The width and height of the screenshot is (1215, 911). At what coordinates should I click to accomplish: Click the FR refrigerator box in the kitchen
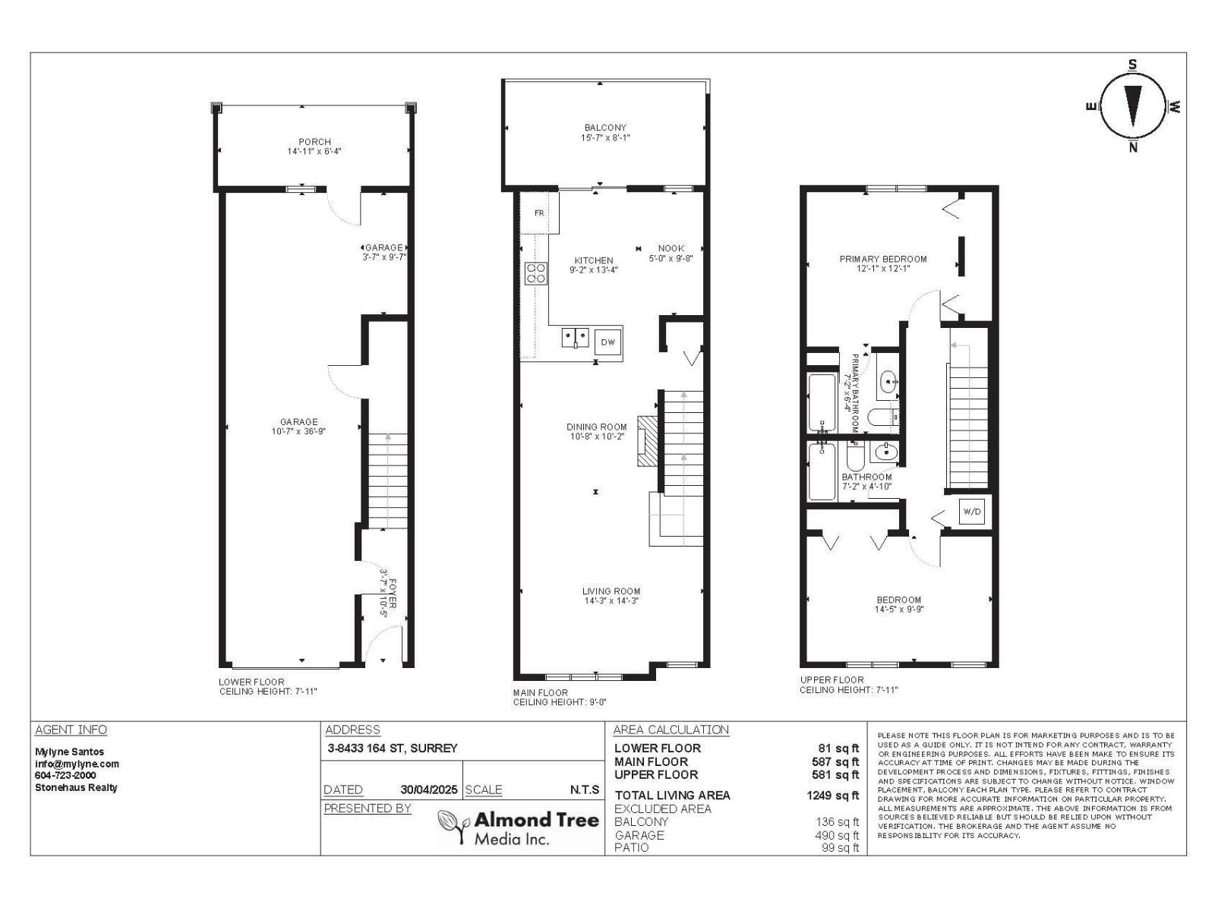539,213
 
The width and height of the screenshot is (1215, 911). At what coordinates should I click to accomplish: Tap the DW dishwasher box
607,342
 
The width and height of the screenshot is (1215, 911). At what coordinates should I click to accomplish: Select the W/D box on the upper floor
972,512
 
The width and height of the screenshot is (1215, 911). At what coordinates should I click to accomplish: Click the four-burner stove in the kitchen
535,273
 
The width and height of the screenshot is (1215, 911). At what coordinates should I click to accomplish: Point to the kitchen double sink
575,337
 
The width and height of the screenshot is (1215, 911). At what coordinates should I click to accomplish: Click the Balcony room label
605,128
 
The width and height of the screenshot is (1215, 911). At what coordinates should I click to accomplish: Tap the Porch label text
314,142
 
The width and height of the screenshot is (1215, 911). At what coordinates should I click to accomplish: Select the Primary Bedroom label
882,259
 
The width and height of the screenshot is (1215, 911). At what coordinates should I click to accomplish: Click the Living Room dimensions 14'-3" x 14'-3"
611,601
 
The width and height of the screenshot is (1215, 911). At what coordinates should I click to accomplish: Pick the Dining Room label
597,427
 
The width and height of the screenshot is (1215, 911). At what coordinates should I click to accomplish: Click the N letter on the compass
1133,148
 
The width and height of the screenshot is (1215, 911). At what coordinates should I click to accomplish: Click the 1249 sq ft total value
832,796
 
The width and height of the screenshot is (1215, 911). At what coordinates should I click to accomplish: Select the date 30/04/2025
429,790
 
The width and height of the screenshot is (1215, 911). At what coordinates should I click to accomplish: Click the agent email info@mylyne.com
77,764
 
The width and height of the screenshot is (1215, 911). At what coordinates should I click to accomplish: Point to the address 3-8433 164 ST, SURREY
393,749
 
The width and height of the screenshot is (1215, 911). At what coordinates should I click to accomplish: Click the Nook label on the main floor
671,248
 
